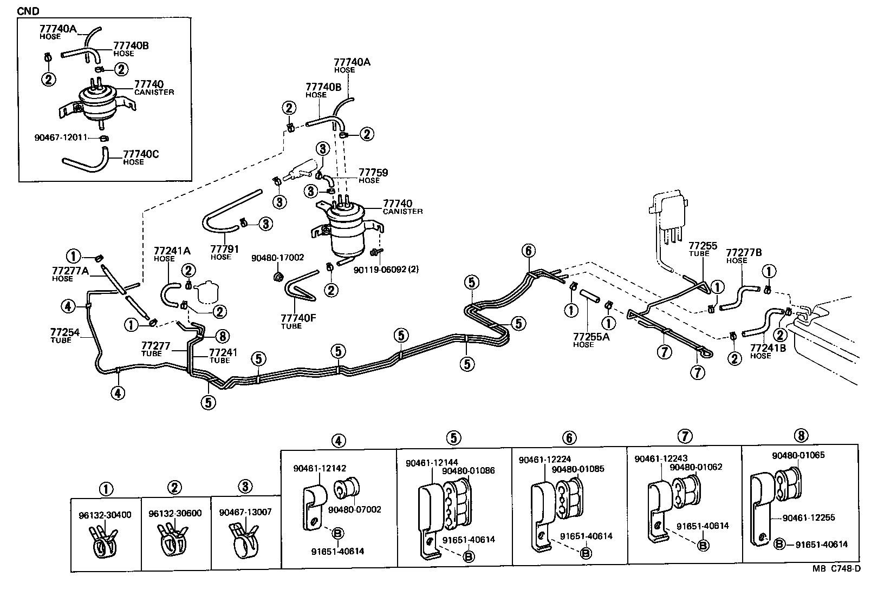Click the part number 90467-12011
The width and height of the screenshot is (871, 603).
(60, 137)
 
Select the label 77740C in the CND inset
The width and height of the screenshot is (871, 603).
(141, 154)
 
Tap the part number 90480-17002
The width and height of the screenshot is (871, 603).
(277, 258)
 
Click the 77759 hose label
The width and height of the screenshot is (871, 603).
(373, 173)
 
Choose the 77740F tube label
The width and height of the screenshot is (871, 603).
(297, 318)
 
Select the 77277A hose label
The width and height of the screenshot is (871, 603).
(70, 271)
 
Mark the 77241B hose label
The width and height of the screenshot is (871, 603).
(768, 348)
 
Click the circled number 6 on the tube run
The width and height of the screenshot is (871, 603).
(529, 251)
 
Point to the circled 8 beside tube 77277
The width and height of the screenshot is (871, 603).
(222, 336)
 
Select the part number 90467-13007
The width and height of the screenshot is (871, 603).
(245, 512)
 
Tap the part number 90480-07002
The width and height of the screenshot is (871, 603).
(354, 509)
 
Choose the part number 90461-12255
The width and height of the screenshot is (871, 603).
(808, 517)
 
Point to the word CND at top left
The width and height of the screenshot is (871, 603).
(28, 11)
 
